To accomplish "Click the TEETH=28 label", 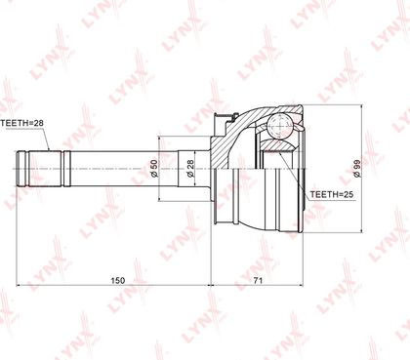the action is pyautogui.click(x=21, y=123).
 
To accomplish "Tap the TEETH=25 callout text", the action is pyautogui.click(x=332, y=194).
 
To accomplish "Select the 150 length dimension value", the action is pyautogui.click(x=118, y=280).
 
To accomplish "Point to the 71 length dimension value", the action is pyautogui.click(x=258, y=280).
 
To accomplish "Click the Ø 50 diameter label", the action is pyautogui.click(x=154, y=168).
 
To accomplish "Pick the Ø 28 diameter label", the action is pyautogui.click(x=190, y=168).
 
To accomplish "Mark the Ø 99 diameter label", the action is pyautogui.click(x=357, y=168).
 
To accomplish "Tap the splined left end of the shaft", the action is pyautogui.click(x=39, y=169).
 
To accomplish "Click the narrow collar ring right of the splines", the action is pyautogui.click(x=67, y=169).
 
